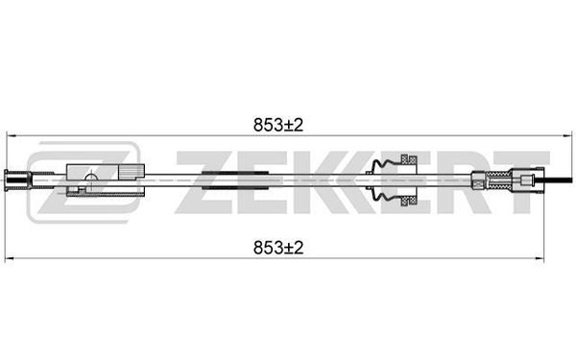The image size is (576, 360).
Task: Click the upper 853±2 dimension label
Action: (278, 125)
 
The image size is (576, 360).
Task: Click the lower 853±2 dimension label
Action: (278, 248)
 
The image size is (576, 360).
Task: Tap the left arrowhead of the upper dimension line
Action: (11, 136)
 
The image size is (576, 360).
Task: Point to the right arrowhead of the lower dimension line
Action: (540, 258)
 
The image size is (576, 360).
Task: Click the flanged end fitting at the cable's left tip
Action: (16, 180)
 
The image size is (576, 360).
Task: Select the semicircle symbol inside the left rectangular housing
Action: (91, 177)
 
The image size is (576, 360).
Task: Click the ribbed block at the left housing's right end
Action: (132, 171)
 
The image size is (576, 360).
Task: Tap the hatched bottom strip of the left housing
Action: (105, 194)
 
